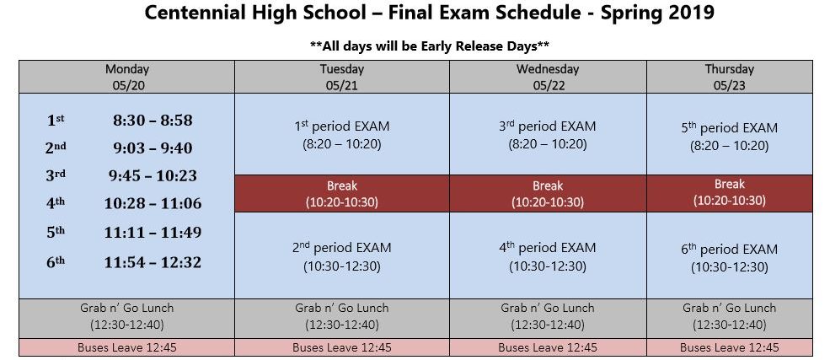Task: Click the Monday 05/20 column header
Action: point(126,77)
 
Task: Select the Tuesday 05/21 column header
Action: point(342,77)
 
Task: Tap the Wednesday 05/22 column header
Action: point(548,77)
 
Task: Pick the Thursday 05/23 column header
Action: point(730,77)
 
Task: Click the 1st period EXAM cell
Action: point(342,134)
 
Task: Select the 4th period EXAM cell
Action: point(548,255)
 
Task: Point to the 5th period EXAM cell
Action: point(730,134)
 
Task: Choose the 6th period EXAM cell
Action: point(730,255)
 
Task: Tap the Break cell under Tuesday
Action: point(342,193)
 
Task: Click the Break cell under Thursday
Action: point(730,193)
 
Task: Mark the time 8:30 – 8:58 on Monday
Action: point(153,121)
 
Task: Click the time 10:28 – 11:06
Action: point(153,203)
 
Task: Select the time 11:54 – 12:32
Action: point(153,262)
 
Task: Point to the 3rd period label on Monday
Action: point(56,175)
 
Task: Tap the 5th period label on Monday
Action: point(56,232)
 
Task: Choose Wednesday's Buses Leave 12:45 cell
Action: point(548,347)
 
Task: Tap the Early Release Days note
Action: point(429,46)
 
